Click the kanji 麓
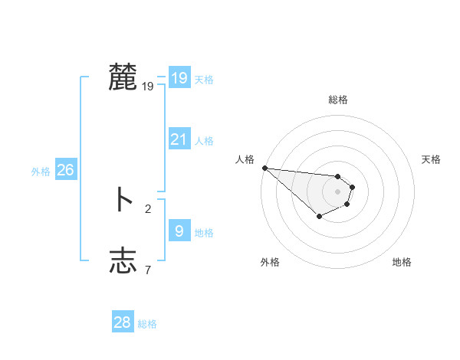(123, 77)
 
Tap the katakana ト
(123, 201)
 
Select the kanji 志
(123, 260)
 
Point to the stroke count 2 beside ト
(148, 208)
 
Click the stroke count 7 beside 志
(148, 269)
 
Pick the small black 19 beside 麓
(148, 87)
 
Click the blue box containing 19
(179, 77)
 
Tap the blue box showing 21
(179, 139)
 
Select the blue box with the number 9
(179, 231)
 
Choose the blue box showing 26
(65, 170)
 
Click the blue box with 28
(122, 322)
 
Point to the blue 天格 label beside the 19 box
(204, 79)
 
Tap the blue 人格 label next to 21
(204, 141)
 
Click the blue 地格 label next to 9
(204, 232)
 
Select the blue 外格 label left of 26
(41, 172)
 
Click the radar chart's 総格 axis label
(338, 100)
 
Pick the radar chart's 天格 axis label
(432, 159)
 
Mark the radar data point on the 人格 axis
(264, 168)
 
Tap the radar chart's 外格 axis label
(270, 262)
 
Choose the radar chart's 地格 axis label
(402, 262)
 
